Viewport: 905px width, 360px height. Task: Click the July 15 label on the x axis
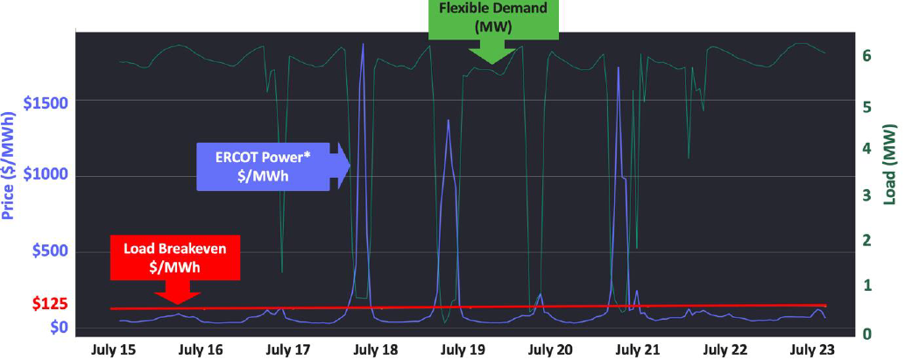[114, 349]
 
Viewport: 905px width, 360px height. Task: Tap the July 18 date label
[376, 349]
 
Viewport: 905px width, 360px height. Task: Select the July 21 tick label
[638, 349]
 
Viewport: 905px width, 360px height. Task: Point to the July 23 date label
[814, 349]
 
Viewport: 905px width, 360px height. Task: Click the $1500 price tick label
[49, 102]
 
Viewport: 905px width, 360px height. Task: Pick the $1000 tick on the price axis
[49, 176]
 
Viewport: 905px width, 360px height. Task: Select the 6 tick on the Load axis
[866, 55]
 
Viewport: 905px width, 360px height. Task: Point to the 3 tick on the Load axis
[866, 194]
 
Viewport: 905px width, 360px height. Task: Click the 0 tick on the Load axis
[866, 332]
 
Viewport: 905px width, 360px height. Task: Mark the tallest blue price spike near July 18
[363, 44]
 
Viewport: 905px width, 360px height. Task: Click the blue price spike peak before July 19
[448, 120]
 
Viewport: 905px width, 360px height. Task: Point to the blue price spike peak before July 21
[619, 67]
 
